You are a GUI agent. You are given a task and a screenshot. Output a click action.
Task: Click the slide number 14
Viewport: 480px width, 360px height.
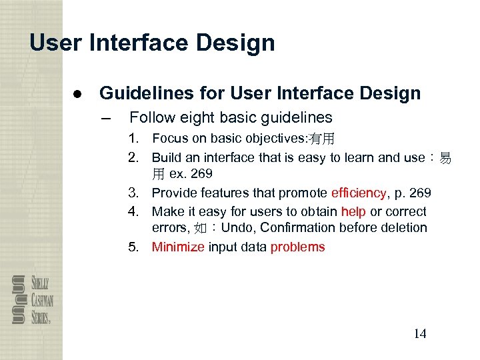(x=419, y=334)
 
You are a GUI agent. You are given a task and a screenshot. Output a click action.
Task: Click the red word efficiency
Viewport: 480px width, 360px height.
(x=358, y=193)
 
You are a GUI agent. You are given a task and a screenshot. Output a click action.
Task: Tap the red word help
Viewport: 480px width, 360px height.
(x=353, y=211)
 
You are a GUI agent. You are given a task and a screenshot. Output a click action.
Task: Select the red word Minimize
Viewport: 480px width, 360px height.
(x=178, y=247)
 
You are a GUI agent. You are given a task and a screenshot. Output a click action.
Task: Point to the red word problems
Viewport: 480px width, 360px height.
(x=297, y=247)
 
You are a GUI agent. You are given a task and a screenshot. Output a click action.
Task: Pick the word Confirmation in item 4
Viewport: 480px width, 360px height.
(x=297, y=228)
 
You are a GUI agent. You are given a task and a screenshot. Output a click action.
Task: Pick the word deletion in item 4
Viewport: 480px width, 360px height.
(x=403, y=228)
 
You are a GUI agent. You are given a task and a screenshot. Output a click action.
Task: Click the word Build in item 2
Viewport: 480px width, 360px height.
(x=165, y=157)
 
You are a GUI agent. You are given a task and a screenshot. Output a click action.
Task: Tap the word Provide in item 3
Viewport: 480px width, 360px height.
(x=174, y=193)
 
